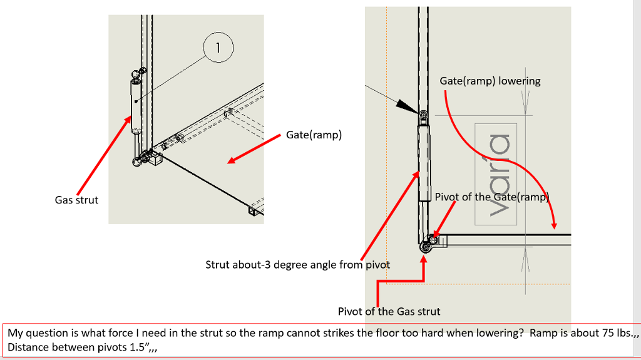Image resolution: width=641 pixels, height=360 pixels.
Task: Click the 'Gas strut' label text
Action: point(76,200)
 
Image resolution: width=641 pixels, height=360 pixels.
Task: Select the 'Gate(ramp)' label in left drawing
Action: point(314,135)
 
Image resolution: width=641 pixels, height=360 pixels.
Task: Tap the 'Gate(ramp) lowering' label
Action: point(490,81)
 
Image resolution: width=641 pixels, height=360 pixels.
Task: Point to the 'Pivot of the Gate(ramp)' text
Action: point(491,197)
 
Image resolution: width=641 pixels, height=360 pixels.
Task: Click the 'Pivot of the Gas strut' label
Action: point(389,311)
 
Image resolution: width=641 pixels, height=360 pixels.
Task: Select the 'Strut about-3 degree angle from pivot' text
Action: point(297,265)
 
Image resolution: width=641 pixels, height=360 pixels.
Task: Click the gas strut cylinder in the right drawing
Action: point(424,160)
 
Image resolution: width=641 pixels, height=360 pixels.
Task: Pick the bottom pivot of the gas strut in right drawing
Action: point(426,247)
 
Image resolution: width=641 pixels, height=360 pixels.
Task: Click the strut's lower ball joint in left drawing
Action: point(137,162)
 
